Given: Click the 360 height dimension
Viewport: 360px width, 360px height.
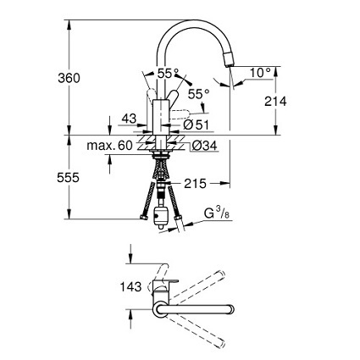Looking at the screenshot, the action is click(x=69, y=78).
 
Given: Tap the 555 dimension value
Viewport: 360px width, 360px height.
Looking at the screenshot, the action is click(x=68, y=178).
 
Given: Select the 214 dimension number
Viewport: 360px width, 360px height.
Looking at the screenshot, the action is click(x=275, y=101).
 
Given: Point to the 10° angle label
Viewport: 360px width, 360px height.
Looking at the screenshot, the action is click(x=260, y=73).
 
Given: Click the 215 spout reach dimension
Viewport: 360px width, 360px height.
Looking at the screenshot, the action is click(x=195, y=184).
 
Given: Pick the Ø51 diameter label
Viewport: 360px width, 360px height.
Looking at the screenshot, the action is click(x=196, y=125).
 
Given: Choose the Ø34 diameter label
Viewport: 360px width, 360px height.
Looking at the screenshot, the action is click(x=204, y=146).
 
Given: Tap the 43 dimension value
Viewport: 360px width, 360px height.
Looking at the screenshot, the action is click(x=130, y=119).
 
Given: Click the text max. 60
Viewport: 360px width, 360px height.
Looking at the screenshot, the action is click(x=109, y=146).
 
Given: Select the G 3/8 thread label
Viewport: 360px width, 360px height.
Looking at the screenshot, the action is click(x=217, y=213).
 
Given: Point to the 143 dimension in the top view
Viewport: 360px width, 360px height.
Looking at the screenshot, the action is click(x=130, y=287).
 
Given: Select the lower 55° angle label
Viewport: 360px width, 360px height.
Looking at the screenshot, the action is click(x=199, y=94).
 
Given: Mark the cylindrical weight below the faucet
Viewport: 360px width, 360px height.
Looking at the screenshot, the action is click(x=160, y=217).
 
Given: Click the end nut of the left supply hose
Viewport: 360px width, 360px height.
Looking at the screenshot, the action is click(x=144, y=218).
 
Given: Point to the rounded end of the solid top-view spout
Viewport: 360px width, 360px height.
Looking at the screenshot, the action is click(x=230, y=309).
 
